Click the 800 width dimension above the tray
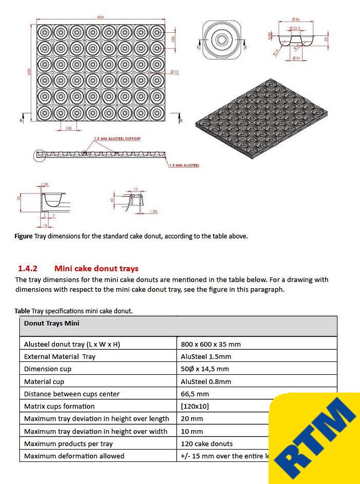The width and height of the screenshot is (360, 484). coord(100,18)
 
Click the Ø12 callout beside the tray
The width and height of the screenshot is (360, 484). coord(174,72)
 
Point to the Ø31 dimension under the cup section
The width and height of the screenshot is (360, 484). coord(295,58)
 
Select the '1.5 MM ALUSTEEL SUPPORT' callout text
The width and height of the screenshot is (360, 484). coord(117,139)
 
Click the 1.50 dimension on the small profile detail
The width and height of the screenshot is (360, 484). coord(154,212)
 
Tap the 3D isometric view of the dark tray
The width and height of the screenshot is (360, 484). coord(260,125)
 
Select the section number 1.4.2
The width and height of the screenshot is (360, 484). coord(27,268)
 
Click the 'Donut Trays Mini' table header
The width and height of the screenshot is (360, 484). coord(52,323)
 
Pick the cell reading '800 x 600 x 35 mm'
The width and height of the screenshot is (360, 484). coord(211,344)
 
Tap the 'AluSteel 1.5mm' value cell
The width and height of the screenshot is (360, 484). coord(206,357)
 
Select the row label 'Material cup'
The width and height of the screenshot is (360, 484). coord(44,381)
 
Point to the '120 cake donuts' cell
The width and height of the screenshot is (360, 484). coord(207,444)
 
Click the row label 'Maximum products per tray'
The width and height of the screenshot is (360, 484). coord(68,444)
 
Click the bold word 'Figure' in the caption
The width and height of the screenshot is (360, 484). coord(24,236)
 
